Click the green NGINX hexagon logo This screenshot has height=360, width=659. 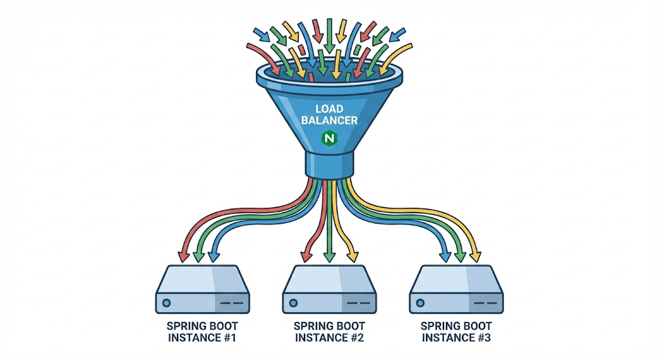click(x=329, y=138)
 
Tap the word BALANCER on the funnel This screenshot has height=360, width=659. click(x=329, y=120)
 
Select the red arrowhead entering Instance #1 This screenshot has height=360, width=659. click(x=184, y=257)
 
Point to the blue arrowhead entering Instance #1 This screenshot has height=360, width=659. click(x=213, y=257)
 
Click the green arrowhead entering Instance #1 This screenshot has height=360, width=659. click(x=199, y=257)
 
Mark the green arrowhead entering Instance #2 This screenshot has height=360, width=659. click(x=329, y=257)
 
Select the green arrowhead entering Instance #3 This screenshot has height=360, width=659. click(x=460, y=257)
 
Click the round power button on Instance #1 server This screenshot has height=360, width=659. click(x=167, y=301)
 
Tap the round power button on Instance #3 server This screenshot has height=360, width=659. click(x=421, y=301)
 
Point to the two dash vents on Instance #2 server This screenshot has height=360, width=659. click(x=362, y=301)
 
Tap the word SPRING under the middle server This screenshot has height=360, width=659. click(x=313, y=326)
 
